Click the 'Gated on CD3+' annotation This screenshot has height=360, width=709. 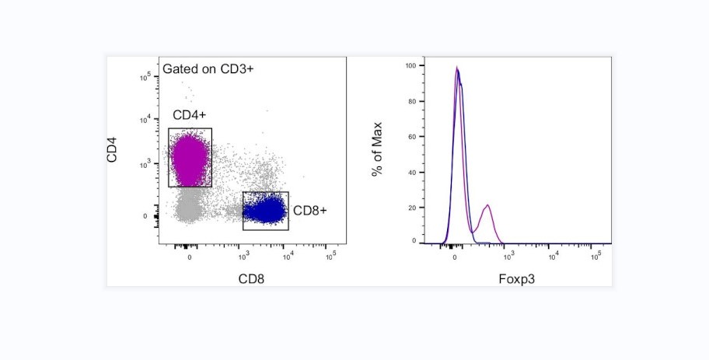click(x=208, y=69)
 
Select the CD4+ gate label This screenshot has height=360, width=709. click(x=189, y=116)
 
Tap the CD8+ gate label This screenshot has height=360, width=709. click(x=309, y=211)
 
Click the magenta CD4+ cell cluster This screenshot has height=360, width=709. click(x=189, y=158)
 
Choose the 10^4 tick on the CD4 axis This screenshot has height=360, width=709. click(x=145, y=119)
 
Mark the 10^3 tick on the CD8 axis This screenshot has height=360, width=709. click(x=244, y=254)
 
